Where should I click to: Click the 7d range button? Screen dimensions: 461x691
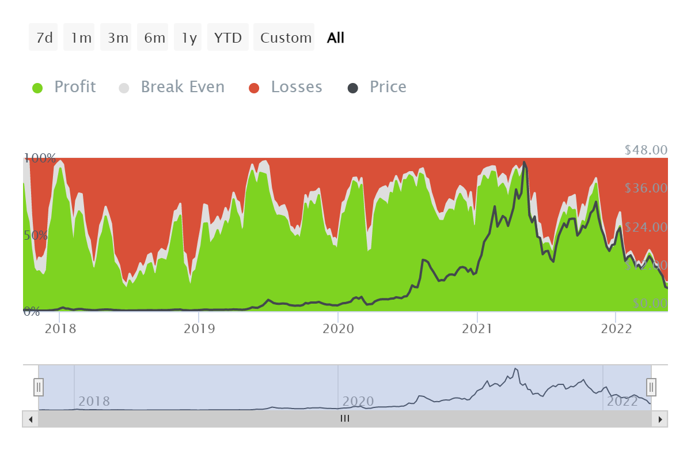coord(44,38)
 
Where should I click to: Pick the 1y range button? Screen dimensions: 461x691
coord(188,38)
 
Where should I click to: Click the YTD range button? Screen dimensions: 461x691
coord(228,38)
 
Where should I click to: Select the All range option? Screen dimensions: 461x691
coord(336,38)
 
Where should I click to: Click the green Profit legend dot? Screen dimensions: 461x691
coord(37,88)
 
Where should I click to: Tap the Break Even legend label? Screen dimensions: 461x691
coord(182,87)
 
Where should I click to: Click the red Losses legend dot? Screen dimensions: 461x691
coord(254,88)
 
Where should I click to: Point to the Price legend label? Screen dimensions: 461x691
coord(388,87)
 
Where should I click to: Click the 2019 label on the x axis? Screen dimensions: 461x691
coord(199,328)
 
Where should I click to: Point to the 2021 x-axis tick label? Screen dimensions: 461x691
coord(477,328)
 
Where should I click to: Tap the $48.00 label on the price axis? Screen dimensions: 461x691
coord(646,150)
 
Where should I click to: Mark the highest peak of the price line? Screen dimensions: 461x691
coord(524,162)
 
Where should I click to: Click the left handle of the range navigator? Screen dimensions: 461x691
coord(39,387)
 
